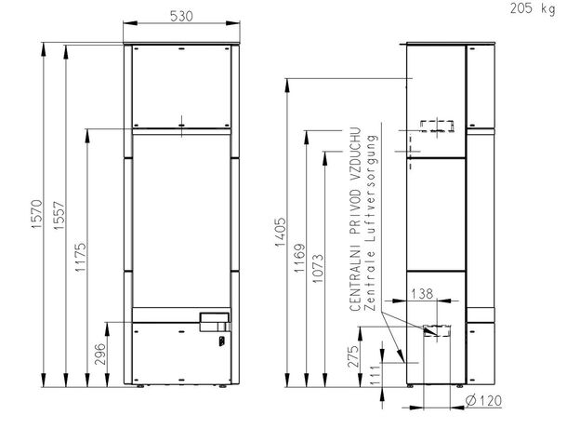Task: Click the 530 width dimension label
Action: tap(181, 17)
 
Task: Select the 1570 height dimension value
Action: tap(37, 214)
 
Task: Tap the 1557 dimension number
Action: tap(59, 216)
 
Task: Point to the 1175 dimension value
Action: tap(80, 257)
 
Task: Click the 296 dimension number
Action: tap(99, 354)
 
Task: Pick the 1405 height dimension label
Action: tap(280, 232)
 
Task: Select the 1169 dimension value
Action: tap(299, 258)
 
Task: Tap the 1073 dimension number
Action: tap(318, 268)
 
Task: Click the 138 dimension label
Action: tap(422, 294)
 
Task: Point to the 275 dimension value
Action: tap(353, 356)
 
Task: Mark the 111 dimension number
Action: tap(375, 374)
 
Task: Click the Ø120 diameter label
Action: tap(483, 401)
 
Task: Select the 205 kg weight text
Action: tap(533, 8)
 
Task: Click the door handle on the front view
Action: tap(216, 322)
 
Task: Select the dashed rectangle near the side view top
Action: tap(437, 126)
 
